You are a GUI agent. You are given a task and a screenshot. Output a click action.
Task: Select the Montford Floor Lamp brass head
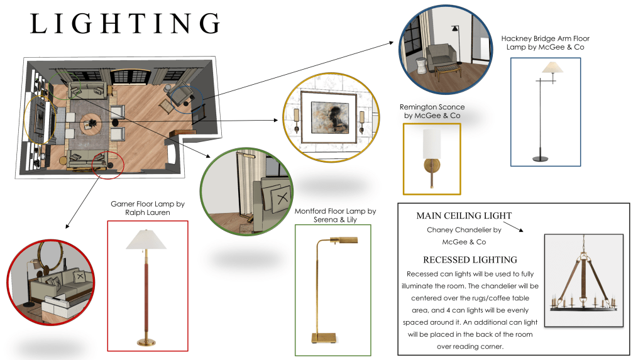(x=340, y=242)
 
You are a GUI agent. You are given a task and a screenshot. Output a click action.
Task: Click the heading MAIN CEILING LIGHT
(x=464, y=216)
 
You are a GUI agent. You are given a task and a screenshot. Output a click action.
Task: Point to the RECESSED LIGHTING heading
(x=470, y=259)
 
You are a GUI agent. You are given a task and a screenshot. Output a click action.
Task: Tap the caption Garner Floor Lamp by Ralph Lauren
(x=148, y=208)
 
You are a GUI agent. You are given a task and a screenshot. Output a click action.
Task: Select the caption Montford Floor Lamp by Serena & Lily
(x=335, y=215)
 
